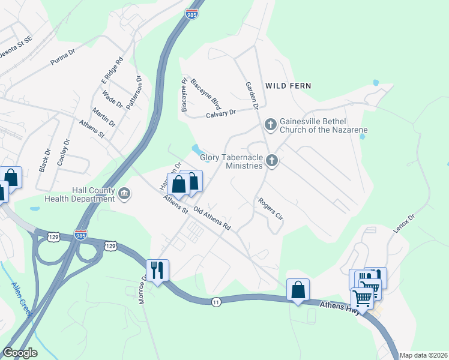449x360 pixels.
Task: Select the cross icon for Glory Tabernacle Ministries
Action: click(x=272, y=161)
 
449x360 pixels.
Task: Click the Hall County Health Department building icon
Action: click(x=125, y=193)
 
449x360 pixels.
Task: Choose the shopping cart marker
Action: click(x=362, y=297)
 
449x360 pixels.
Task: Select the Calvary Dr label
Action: click(x=223, y=113)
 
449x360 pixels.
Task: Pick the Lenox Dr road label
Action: click(x=403, y=225)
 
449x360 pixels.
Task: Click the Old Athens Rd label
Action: click(x=212, y=219)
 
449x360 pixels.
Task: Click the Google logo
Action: click(x=20, y=353)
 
